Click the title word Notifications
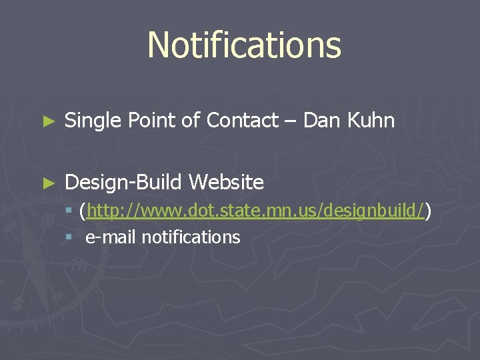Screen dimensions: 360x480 point(244,45)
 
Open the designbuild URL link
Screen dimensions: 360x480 point(255,212)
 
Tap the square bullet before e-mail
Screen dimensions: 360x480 point(69,237)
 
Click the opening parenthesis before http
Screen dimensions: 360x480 point(81,212)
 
